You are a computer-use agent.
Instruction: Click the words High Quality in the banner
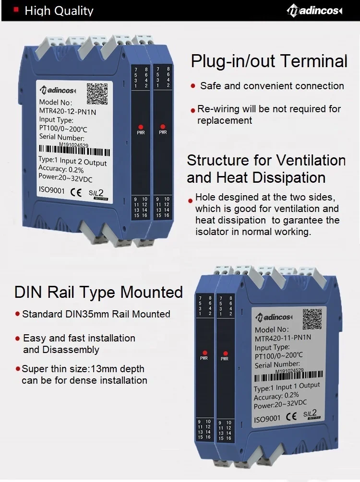[x=59, y=11]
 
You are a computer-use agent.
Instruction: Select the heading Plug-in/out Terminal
[x=269, y=61]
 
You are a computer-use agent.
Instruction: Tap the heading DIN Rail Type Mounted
[x=98, y=292]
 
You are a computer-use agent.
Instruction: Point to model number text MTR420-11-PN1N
[x=283, y=338]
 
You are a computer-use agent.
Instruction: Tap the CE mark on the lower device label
[x=291, y=417]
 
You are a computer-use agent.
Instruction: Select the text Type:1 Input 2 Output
[x=72, y=161]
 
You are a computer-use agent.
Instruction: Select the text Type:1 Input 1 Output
[x=287, y=388]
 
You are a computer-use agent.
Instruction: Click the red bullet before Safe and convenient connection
[x=193, y=86]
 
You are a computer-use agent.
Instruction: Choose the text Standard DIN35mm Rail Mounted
[x=96, y=314]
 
